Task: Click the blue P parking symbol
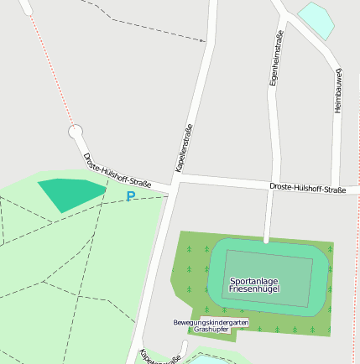[x=130, y=196]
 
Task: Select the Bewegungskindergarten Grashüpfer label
[x=211, y=325]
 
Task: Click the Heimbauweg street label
[x=339, y=90]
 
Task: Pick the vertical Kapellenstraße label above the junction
[x=184, y=148]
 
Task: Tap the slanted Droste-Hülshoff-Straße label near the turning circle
[x=117, y=170]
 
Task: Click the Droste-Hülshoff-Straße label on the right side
[x=307, y=189]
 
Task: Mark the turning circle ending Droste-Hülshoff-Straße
[x=76, y=132]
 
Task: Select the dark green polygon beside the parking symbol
[x=70, y=194]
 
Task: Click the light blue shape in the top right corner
[x=317, y=18]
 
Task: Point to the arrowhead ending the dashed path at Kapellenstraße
[x=202, y=39]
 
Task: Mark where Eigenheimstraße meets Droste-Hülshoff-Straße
[x=270, y=182]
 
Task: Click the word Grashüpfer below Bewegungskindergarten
[x=211, y=330]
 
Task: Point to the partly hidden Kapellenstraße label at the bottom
[x=159, y=356]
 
